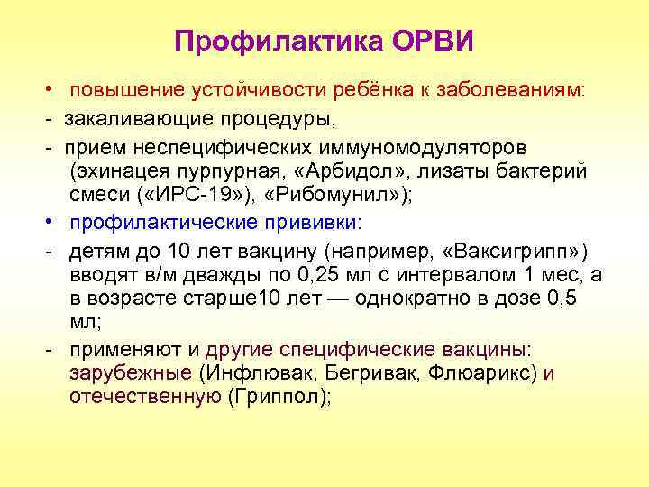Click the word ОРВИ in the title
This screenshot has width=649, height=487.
(x=431, y=41)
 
